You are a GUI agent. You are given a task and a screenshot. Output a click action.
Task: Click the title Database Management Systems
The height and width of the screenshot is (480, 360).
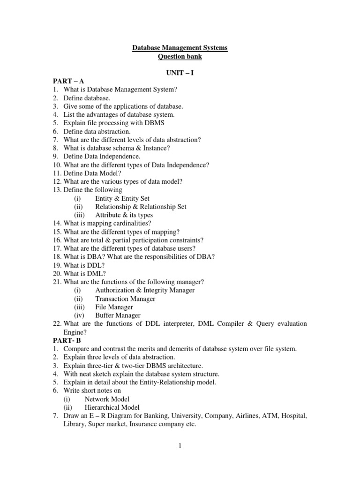click(x=180, y=48)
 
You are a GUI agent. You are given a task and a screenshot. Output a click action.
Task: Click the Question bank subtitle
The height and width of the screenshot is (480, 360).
click(x=180, y=56)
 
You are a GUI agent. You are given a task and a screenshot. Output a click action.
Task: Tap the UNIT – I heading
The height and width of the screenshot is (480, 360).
click(x=180, y=73)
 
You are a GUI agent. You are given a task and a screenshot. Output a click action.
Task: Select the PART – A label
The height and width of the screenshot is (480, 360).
click(x=68, y=81)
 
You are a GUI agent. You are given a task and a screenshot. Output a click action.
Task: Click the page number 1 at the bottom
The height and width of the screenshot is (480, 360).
click(x=180, y=445)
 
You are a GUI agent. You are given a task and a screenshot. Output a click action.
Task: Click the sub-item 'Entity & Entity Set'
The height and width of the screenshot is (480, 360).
click(x=122, y=198)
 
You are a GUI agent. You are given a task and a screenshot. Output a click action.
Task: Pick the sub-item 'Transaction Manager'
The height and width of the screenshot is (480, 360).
click(x=125, y=299)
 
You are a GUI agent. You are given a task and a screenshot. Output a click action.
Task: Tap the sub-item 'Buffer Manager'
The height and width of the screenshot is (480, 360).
click(x=118, y=315)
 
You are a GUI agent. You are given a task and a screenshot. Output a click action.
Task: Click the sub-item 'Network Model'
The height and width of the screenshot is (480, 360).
click(x=107, y=399)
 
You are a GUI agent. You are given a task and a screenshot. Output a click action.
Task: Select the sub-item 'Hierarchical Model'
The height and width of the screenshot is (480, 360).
click(x=112, y=407)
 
